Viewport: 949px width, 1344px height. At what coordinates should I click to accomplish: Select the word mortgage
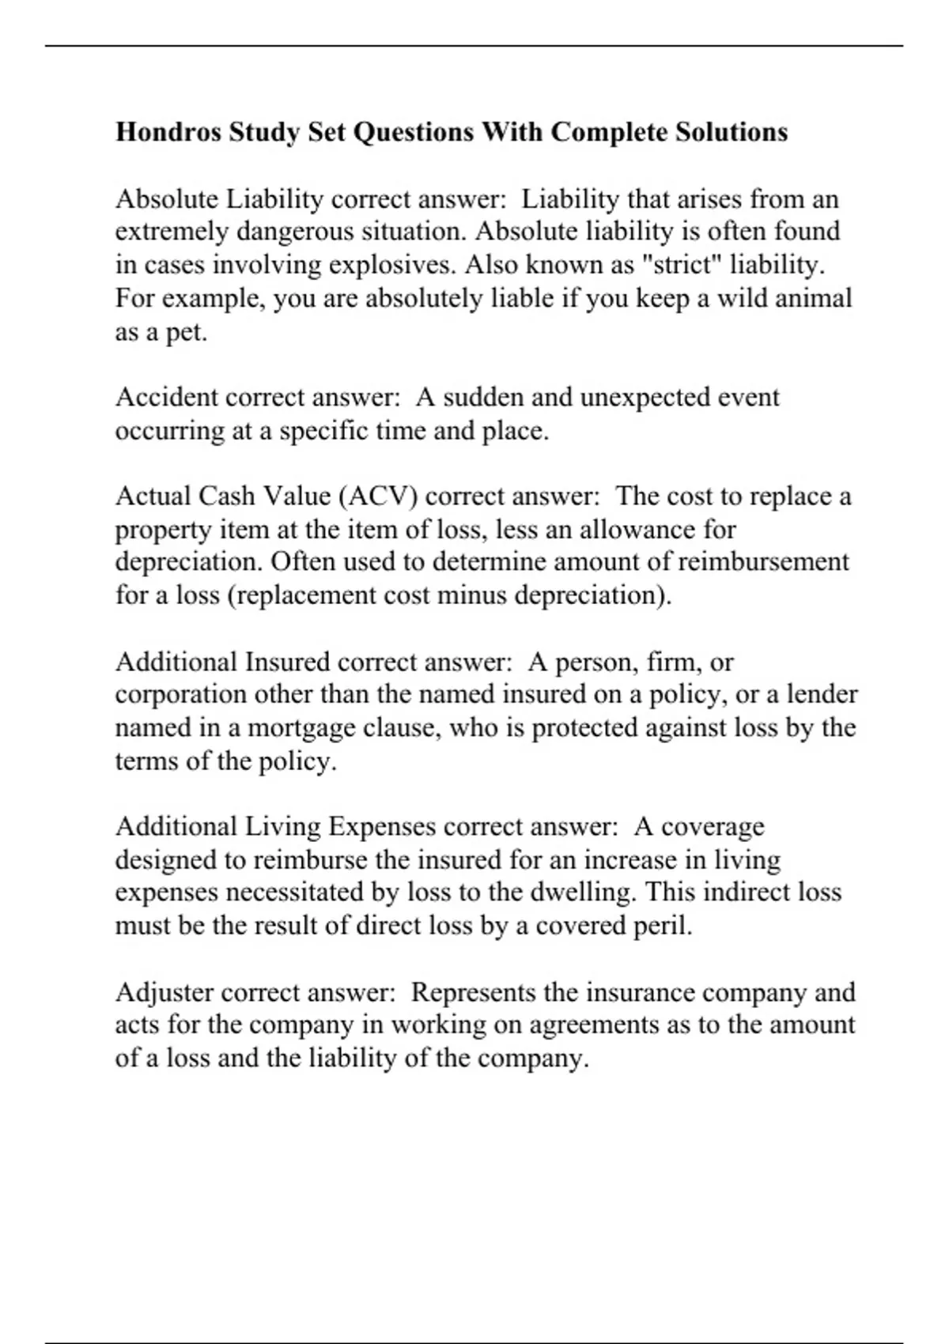(301, 728)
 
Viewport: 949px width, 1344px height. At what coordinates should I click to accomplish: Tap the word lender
(822, 695)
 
